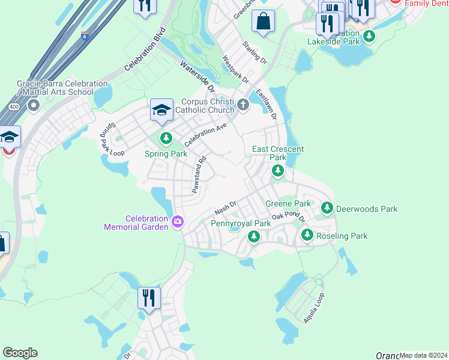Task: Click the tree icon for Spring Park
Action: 166,139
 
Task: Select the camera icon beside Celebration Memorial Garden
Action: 178,223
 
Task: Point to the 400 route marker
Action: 13,106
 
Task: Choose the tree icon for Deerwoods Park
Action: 327,209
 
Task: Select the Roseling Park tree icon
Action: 307,235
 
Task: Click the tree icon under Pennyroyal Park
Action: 254,237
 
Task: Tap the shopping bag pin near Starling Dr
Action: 263,22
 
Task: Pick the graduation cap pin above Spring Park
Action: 161,110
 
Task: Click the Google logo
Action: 20,353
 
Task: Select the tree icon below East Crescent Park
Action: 278,171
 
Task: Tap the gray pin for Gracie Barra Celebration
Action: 32,106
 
